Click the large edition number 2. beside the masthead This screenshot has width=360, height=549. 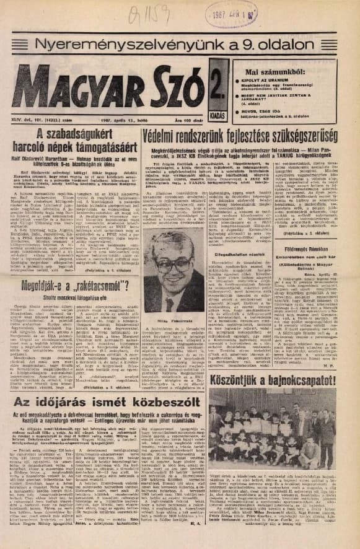coord(217,81)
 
